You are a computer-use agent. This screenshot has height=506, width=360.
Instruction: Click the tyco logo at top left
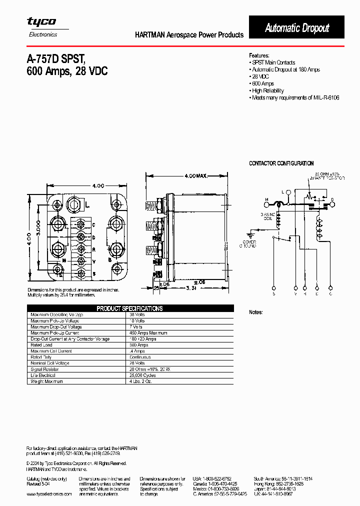click(x=41, y=22)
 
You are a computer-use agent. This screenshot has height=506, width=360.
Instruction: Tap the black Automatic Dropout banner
click(x=296, y=28)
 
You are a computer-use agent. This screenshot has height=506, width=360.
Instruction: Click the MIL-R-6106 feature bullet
click(x=295, y=98)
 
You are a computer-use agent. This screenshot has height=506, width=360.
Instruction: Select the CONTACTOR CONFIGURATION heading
click(x=281, y=163)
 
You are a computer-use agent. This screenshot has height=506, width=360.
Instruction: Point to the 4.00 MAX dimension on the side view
click(x=195, y=176)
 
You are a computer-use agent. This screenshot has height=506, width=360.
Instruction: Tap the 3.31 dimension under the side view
click(x=190, y=288)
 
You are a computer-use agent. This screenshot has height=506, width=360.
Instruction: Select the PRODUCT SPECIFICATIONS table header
click(x=129, y=308)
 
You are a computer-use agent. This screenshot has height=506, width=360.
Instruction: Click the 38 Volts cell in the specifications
click(x=136, y=315)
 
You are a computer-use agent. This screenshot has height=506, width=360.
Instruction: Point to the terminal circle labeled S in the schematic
click(x=273, y=288)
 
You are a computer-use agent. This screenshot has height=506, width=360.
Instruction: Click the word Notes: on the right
click(x=256, y=312)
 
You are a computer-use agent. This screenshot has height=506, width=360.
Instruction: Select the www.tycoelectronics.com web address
click(x=48, y=493)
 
